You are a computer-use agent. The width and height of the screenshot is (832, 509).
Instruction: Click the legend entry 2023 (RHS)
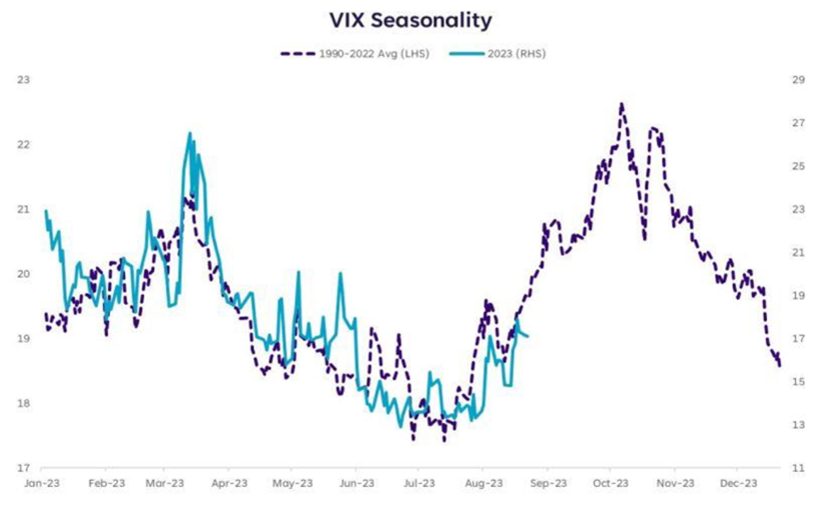click(510, 54)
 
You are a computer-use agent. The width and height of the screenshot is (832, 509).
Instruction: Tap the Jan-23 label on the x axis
click(41, 482)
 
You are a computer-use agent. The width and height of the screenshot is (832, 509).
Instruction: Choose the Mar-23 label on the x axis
click(165, 482)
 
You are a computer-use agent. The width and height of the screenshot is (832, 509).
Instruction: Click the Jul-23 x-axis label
click(418, 482)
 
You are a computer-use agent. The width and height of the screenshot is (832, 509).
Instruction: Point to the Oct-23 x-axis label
click(610, 482)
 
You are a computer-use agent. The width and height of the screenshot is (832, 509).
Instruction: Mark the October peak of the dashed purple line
click(621, 103)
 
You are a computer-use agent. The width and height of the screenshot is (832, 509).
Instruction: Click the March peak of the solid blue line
click(190, 133)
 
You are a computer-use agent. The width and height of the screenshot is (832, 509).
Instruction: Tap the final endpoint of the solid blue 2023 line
click(527, 336)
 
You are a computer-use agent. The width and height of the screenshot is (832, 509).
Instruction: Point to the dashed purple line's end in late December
click(779, 366)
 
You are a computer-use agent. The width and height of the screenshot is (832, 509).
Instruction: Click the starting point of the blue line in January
click(46, 210)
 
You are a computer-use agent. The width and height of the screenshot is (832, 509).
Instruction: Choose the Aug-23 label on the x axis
click(482, 482)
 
